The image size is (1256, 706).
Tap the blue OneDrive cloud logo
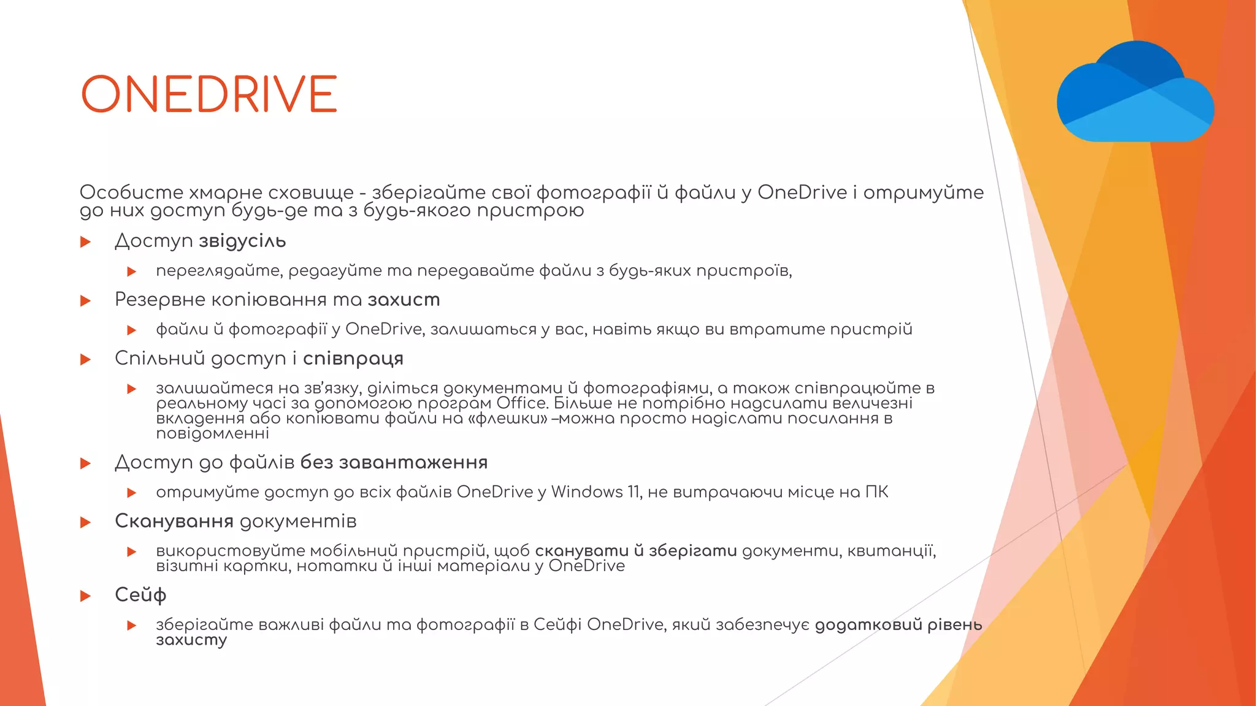pos(1135,92)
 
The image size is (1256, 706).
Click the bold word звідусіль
pos(242,241)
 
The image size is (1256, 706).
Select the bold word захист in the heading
pos(404,300)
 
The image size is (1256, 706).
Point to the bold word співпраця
pos(353,359)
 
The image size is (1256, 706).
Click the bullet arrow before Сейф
pos(86,596)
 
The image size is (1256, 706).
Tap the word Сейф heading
pos(140,595)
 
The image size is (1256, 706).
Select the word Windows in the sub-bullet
pos(586,492)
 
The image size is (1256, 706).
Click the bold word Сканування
pos(174,522)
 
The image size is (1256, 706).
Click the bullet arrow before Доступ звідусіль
pos(86,242)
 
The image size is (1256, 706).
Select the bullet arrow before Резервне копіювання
pos(86,301)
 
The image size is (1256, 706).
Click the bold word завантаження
pos(413,463)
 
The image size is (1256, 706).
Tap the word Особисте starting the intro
pos(131,192)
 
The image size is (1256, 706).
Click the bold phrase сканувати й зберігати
pos(636,551)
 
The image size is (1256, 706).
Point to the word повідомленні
pos(212,434)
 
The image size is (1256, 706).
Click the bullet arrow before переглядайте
pos(131,271)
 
